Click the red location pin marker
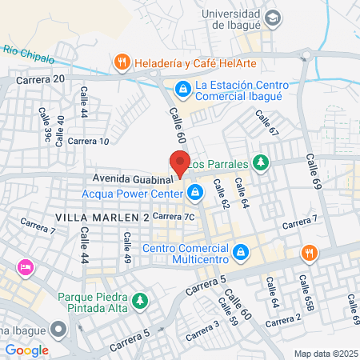click(179, 163)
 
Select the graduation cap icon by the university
click(274, 18)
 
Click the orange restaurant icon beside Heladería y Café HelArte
click(122, 61)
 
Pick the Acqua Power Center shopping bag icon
click(195, 192)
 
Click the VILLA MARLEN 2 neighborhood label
click(102, 218)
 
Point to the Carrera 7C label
click(174, 216)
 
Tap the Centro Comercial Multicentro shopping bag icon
click(240, 254)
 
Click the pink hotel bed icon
click(25, 266)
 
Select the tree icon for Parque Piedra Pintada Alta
click(141, 302)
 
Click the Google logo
click(26, 350)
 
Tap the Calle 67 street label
click(266, 123)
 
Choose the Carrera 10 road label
click(88, 142)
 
